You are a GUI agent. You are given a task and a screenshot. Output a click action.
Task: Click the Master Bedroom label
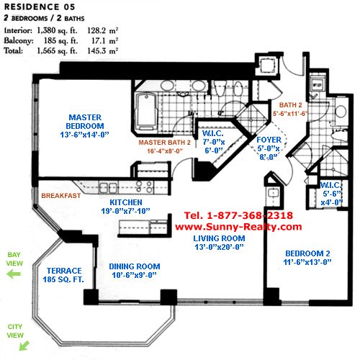[x=85, y=122]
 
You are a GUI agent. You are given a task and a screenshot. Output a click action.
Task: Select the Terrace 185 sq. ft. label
[x=63, y=275]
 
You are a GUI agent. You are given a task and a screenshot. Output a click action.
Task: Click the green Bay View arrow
[x=14, y=274]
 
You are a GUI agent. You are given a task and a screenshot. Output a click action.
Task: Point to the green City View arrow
[x=24, y=346]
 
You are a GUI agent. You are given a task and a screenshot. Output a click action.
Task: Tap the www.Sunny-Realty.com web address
[x=238, y=227]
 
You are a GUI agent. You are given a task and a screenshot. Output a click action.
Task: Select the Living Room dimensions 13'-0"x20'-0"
[x=219, y=247]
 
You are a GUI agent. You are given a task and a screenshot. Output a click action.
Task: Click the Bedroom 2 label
[x=307, y=253]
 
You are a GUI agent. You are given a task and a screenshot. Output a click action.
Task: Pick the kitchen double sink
[x=109, y=187]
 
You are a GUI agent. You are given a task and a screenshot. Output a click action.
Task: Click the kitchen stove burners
[x=144, y=186]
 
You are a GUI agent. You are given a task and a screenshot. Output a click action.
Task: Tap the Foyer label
[x=269, y=140]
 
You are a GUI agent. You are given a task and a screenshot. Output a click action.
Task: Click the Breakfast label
[x=61, y=196]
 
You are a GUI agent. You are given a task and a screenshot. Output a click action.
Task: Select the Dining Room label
[x=135, y=266]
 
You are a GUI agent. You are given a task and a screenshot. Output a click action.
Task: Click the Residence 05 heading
[x=40, y=6]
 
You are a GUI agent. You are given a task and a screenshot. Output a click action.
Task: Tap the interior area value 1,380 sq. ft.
[x=57, y=30]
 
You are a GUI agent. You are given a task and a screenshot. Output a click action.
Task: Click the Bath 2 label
[x=290, y=105]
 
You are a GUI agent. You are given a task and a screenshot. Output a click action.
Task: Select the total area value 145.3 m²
[x=102, y=51]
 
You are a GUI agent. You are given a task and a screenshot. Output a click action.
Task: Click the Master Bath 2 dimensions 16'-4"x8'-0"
[x=165, y=151]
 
